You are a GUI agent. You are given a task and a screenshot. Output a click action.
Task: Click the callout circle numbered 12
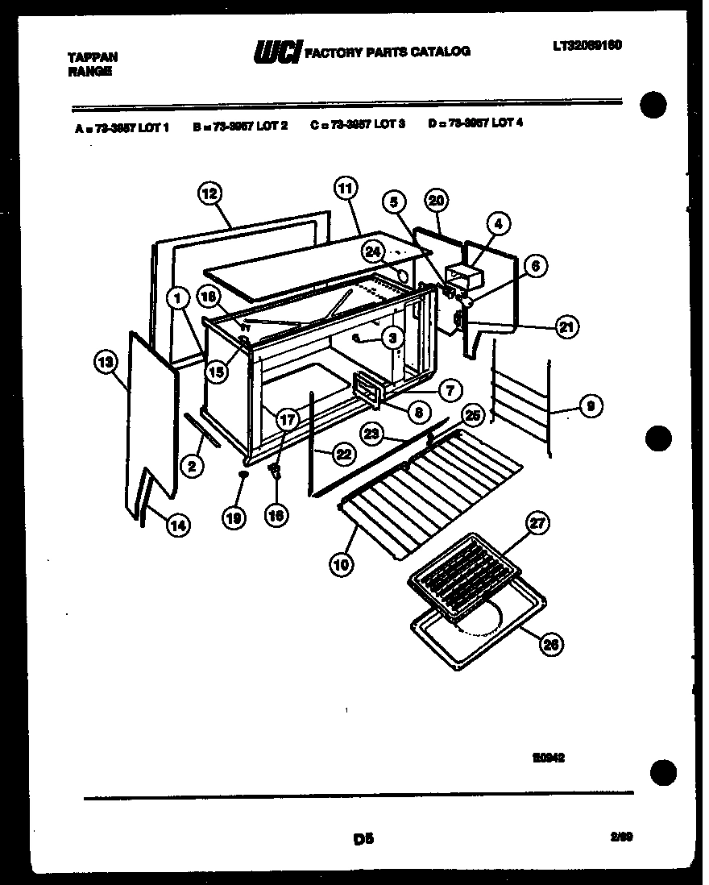209,193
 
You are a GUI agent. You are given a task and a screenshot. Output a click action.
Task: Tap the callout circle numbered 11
344,190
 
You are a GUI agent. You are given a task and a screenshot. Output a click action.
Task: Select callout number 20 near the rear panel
436,201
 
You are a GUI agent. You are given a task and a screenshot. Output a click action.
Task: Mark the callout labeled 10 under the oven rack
342,565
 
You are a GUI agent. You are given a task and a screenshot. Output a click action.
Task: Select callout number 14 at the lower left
178,525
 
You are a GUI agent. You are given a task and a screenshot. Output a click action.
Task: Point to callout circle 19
234,520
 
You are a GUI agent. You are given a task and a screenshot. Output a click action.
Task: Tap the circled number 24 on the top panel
372,251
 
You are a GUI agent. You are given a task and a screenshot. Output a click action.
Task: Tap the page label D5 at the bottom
363,839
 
